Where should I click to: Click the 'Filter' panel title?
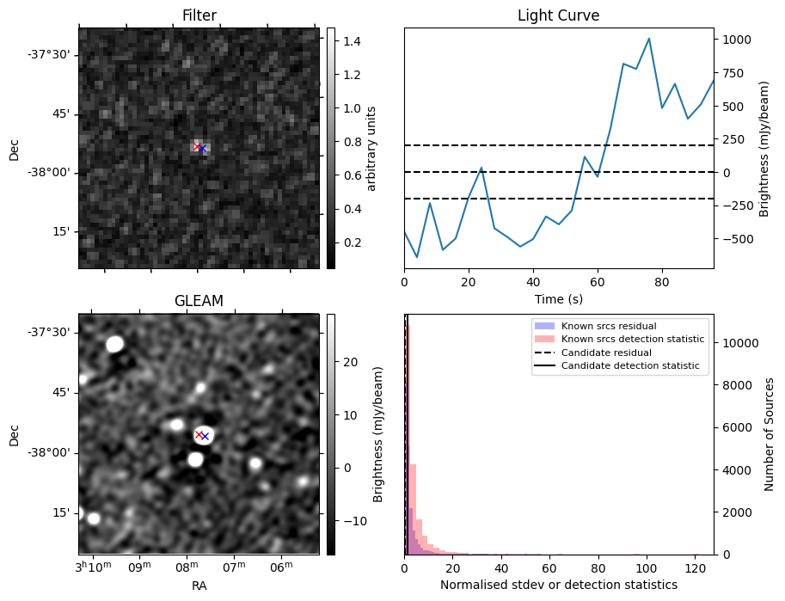click(x=199, y=15)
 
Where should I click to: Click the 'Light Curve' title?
click(x=558, y=15)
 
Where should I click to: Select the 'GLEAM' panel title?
click(x=199, y=301)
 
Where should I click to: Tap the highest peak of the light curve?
click(x=648, y=39)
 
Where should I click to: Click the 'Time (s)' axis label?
click(x=558, y=297)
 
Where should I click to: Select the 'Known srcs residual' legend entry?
click(x=608, y=327)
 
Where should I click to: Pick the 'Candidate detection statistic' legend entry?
click(x=629, y=366)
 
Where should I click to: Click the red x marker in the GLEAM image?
click(x=199, y=434)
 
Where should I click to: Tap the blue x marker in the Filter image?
click(x=203, y=149)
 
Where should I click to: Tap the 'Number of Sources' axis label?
click(x=770, y=434)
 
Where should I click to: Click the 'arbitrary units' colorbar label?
click(x=371, y=148)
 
